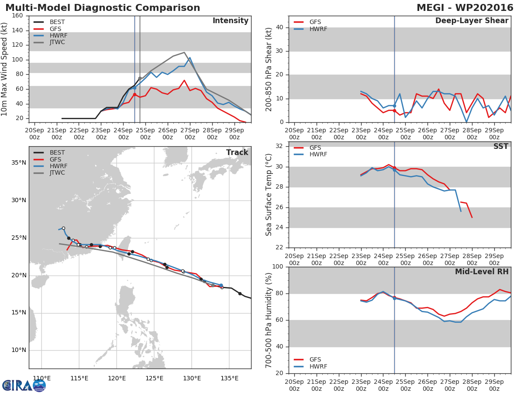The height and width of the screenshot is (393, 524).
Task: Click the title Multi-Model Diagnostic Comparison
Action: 103,7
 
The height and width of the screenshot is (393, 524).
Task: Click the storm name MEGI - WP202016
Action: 465,7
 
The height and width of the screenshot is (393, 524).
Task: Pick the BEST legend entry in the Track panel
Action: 49,152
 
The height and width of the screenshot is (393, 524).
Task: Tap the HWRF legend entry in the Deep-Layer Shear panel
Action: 310,29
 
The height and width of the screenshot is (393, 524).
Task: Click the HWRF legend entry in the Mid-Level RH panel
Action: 310,366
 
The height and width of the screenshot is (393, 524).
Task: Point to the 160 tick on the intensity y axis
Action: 17,16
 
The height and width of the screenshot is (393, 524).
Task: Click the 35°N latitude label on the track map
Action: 19,163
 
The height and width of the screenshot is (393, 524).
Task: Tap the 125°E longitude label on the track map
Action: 154,378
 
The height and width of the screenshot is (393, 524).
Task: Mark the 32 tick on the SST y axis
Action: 279,146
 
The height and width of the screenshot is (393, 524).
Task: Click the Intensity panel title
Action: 231,21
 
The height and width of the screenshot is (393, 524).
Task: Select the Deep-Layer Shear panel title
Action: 472,21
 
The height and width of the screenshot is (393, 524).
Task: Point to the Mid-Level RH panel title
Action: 482,272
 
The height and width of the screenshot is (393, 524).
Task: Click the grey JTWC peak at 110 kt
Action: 184,52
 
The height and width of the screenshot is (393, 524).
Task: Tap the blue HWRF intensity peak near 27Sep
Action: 190,58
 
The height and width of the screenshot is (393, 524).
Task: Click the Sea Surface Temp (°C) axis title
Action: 269,195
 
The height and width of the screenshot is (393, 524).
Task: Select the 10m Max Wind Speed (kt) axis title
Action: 4,69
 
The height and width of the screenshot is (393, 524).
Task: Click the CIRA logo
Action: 24,386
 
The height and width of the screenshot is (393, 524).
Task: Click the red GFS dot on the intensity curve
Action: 134,94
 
